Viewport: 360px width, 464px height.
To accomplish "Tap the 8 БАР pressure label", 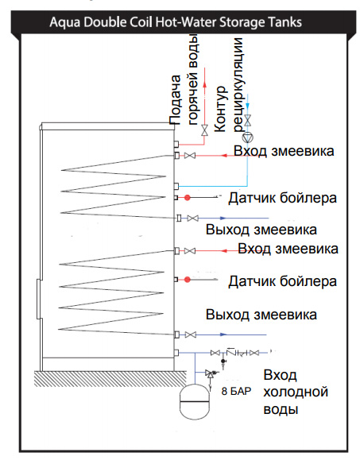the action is click(x=236, y=391).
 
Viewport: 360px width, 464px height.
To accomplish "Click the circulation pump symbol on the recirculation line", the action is click(x=248, y=137).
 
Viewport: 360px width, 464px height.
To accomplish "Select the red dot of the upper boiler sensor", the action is click(x=187, y=198).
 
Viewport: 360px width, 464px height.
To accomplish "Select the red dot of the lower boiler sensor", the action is click(x=187, y=280).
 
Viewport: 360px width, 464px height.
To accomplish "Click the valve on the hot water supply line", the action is click(x=204, y=130).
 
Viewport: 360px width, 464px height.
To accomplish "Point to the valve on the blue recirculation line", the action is click(x=248, y=120).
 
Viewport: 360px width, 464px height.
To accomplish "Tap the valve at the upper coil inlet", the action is click(x=190, y=156).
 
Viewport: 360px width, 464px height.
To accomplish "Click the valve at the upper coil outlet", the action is click(x=193, y=218).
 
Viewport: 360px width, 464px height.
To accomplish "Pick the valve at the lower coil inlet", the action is click(x=190, y=251).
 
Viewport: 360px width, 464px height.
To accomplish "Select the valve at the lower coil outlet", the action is click(x=191, y=335).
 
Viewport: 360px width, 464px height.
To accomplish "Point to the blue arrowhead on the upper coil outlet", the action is click(x=223, y=218).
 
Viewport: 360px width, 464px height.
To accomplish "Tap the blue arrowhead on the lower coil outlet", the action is click(x=223, y=335).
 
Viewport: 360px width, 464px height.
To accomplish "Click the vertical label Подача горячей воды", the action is click(x=184, y=80).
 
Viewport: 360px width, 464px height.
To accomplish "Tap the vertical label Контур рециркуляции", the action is click(x=229, y=85).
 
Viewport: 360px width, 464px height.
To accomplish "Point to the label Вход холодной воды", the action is click(x=296, y=392).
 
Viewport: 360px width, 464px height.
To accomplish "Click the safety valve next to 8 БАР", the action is click(x=211, y=374).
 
